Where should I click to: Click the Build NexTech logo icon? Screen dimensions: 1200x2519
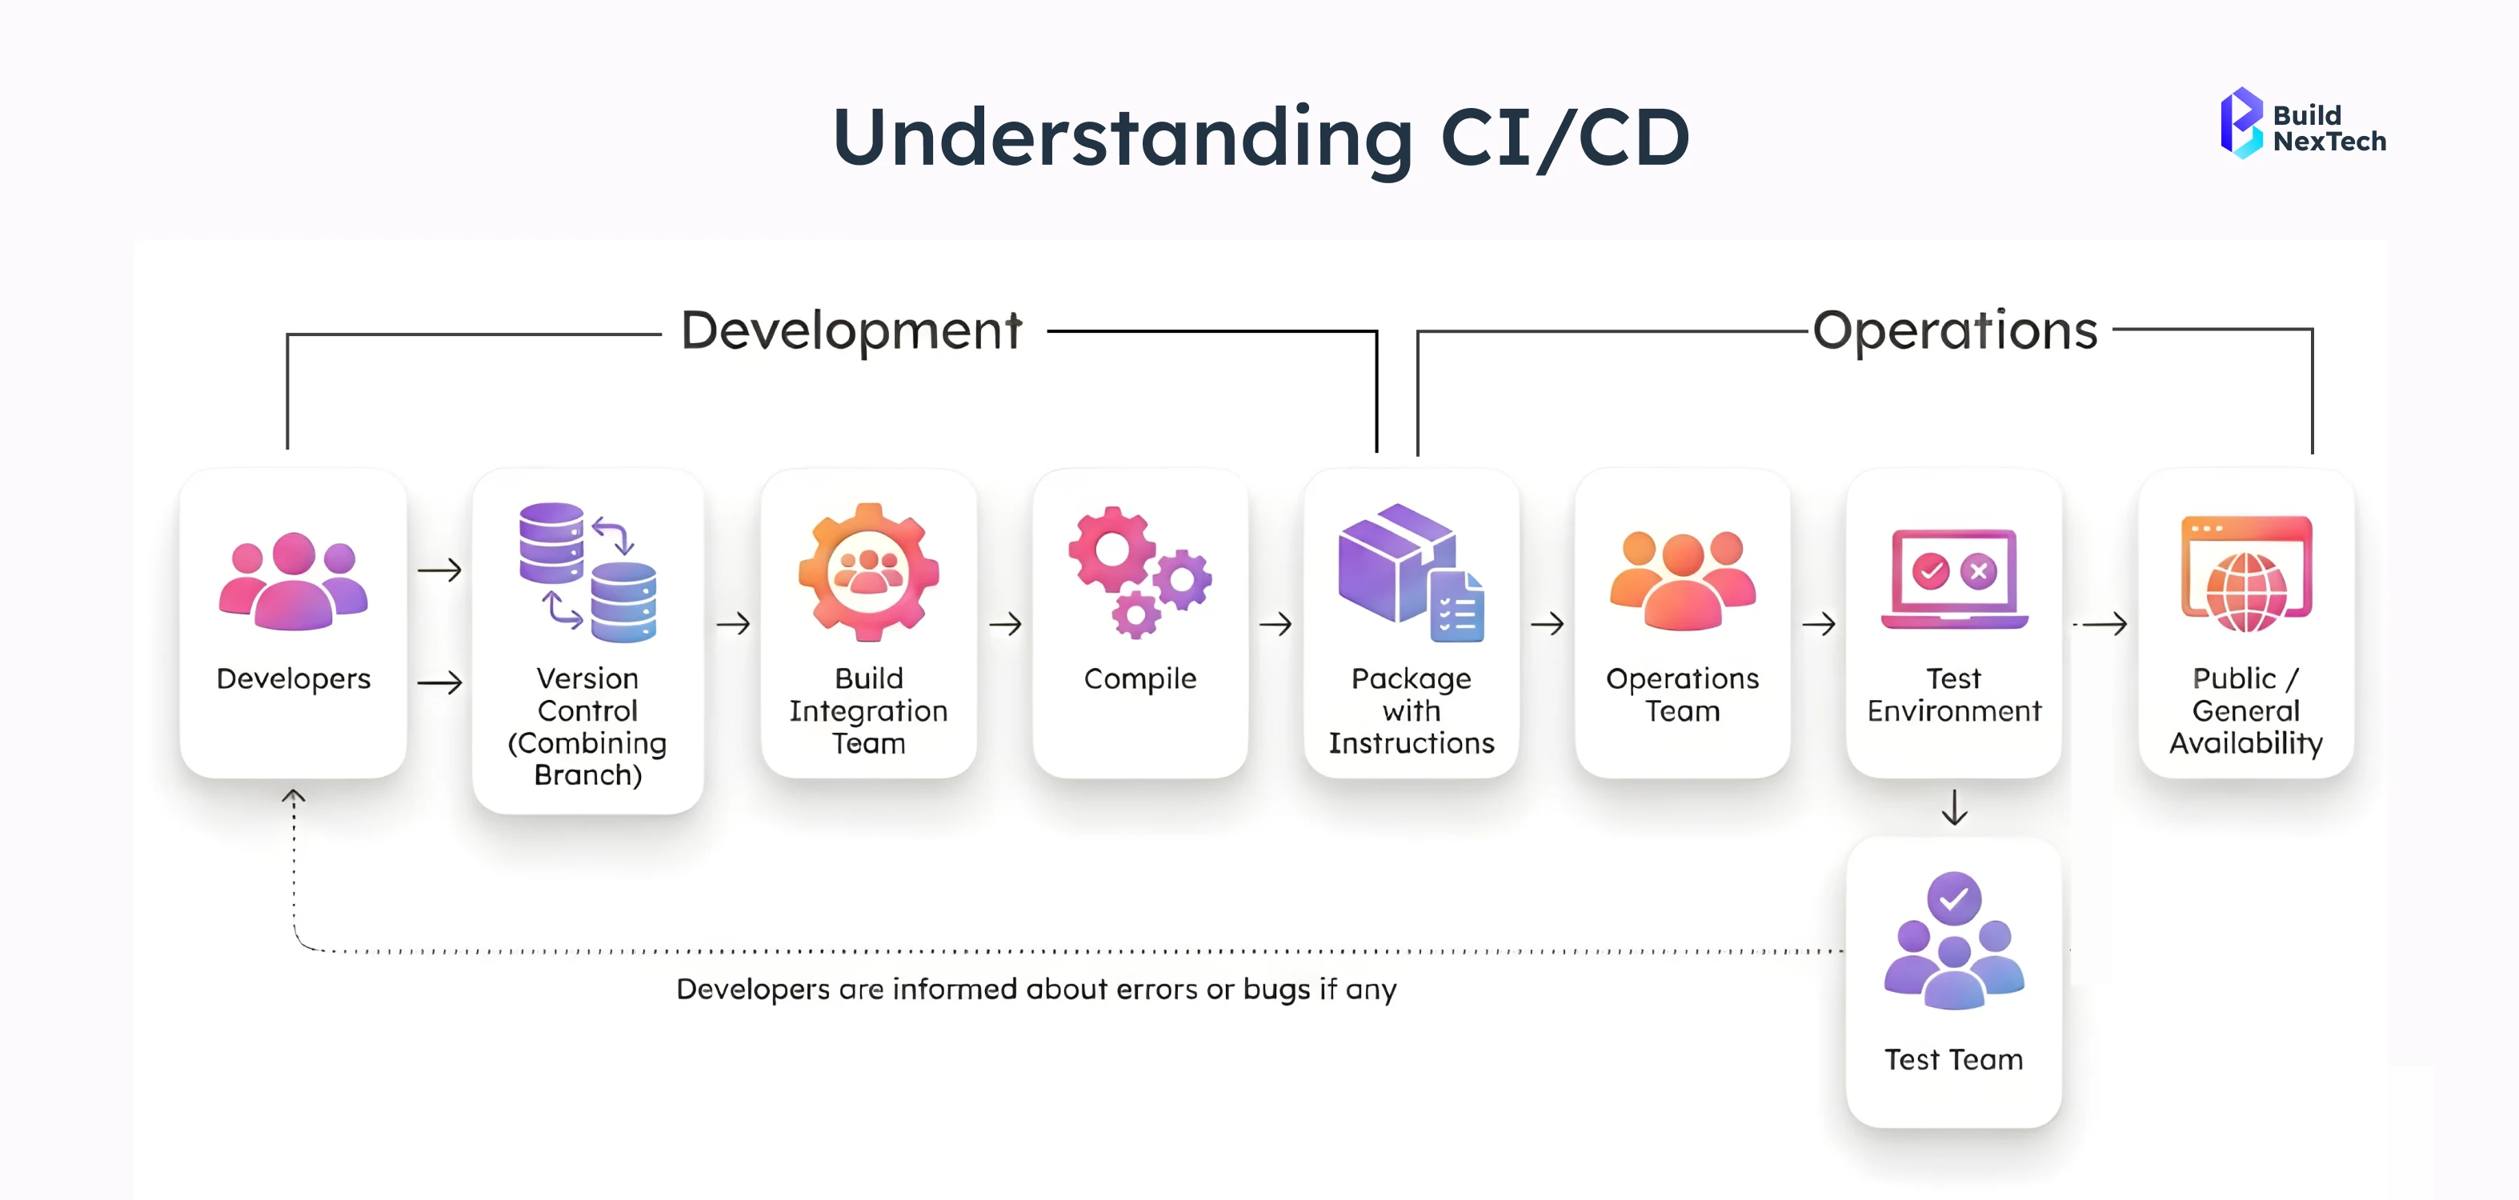click(2241, 123)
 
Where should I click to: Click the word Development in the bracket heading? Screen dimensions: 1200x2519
click(851, 330)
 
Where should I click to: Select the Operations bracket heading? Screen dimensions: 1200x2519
click(1955, 330)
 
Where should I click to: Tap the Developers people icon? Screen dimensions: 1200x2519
click(294, 581)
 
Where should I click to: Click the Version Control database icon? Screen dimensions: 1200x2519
click(587, 572)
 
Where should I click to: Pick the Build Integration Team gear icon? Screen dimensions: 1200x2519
click(868, 572)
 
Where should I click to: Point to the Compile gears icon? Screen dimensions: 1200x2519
click(1139, 572)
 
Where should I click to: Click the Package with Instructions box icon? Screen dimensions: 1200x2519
click(1410, 572)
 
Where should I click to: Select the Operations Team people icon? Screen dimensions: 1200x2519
click(1682, 581)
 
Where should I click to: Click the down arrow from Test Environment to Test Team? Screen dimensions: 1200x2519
click(1954, 808)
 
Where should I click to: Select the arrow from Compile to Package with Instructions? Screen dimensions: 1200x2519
click(1276, 624)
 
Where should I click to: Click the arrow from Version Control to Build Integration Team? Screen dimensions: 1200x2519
click(734, 624)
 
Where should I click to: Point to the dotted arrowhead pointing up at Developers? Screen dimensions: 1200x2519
click(294, 797)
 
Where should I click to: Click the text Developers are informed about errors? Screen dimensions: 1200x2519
click(1035, 990)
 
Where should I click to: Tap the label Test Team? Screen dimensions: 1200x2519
click(1954, 1060)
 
